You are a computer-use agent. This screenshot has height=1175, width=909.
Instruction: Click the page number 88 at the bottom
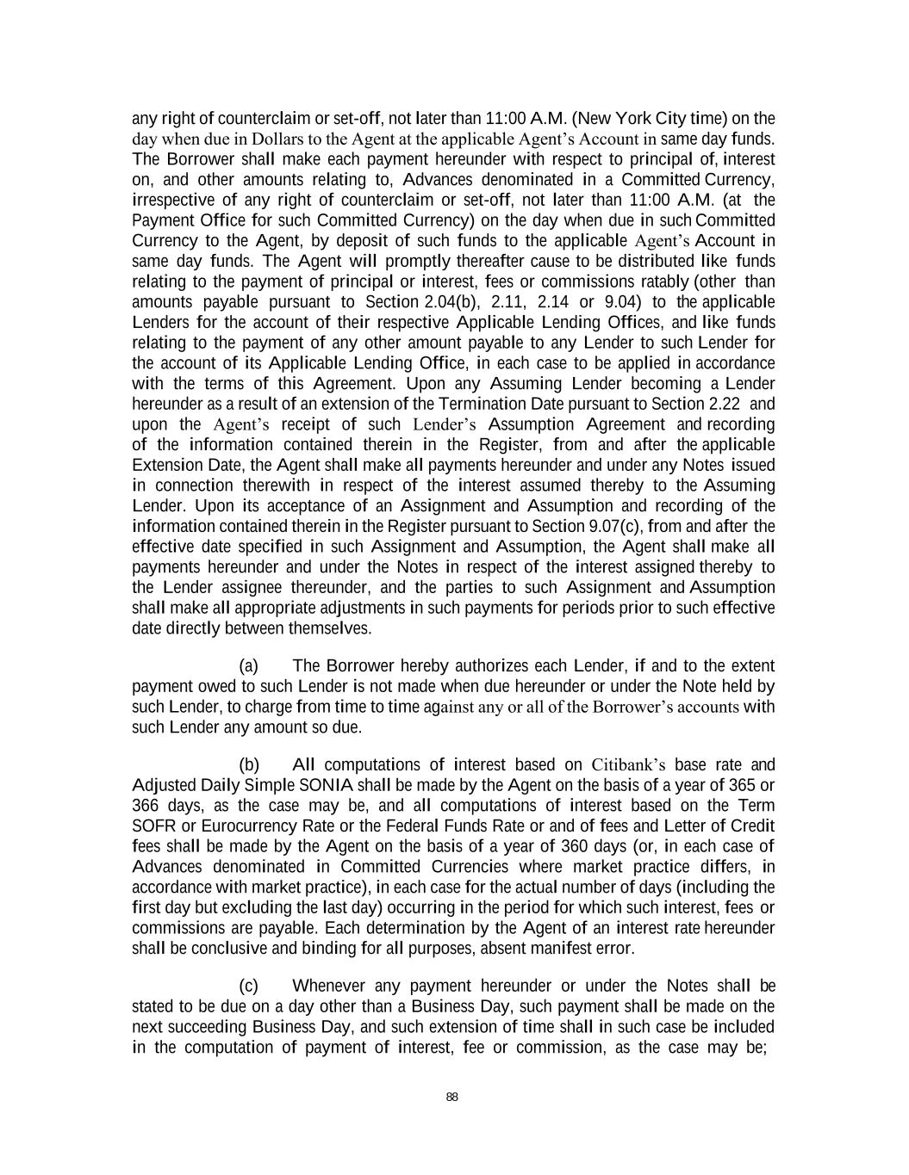point(452,1097)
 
